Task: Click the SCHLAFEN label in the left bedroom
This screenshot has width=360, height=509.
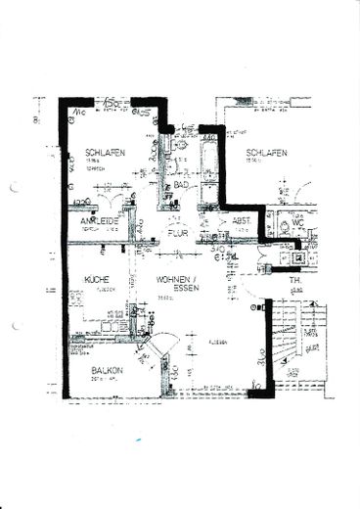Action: click(x=103, y=154)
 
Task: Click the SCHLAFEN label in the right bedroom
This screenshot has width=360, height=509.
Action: click(x=266, y=154)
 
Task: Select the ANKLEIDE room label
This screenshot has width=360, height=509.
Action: click(x=99, y=222)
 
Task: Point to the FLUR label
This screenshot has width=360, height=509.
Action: click(x=177, y=235)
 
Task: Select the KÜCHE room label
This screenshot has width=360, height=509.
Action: click(x=97, y=279)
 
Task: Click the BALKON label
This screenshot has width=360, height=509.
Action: click(x=106, y=371)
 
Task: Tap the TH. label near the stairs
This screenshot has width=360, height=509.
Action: click(x=294, y=280)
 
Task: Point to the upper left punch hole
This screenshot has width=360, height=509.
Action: click(x=13, y=187)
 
